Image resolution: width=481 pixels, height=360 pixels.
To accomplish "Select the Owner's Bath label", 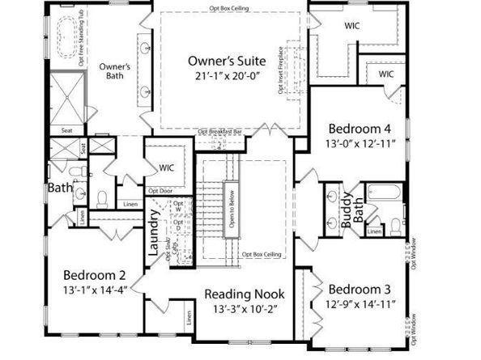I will pyautogui.click(x=115, y=72).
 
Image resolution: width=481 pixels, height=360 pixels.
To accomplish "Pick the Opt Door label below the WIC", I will pyautogui.click(x=160, y=191).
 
